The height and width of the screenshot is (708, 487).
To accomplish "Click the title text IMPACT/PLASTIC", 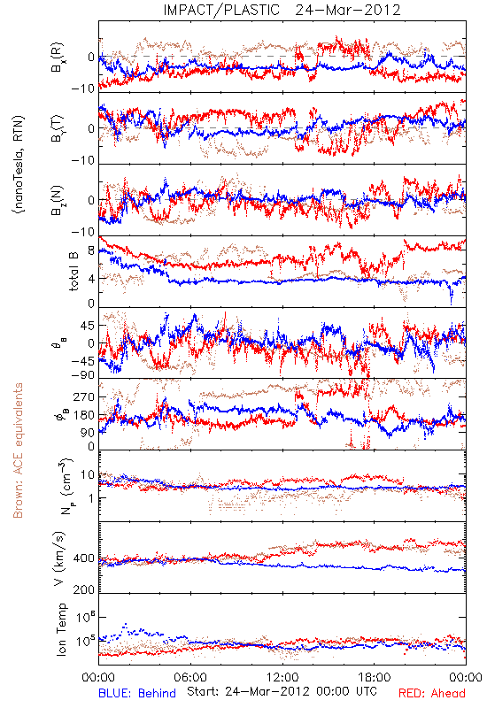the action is [x=221, y=10].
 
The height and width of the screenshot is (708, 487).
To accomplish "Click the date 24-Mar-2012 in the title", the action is [x=348, y=10].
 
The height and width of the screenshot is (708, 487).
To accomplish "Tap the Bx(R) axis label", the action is [x=58, y=58].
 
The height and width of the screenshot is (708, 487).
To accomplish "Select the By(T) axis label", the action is [x=58, y=128].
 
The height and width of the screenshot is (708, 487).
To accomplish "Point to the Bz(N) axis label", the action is [x=58, y=200].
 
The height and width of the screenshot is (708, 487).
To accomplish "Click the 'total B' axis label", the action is [x=73, y=272].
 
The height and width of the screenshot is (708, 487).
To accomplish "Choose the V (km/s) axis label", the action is [x=59, y=559].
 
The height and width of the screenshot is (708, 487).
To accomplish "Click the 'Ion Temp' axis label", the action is [x=61, y=629].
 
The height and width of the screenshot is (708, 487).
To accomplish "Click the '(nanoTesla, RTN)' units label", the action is [x=19, y=165].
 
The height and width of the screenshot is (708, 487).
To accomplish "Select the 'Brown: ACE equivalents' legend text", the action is [x=18, y=450].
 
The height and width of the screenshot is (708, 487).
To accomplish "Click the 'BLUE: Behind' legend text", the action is [x=137, y=693].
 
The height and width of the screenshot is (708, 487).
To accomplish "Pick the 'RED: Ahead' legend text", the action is [x=431, y=693].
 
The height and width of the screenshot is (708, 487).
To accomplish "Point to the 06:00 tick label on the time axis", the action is [x=190, y=677].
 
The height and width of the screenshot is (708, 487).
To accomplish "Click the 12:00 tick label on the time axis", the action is [x=282, y=677].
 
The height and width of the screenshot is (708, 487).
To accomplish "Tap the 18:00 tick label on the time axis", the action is [x=374, y=677].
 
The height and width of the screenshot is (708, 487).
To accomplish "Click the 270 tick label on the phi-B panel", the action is [x=84, y=396].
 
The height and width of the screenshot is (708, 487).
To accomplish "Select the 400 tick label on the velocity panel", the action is [x=84, y=558].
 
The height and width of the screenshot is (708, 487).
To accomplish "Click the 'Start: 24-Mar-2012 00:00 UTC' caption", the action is [x=282, y=691].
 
